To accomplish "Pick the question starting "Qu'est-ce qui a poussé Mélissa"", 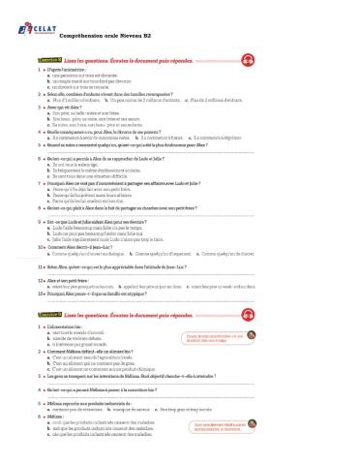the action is pyautogui.click(x=126, y=388).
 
